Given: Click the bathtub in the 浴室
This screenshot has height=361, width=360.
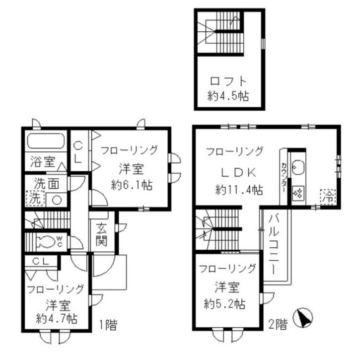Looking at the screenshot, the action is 46,141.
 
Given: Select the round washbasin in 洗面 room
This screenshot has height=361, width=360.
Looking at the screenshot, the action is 57,200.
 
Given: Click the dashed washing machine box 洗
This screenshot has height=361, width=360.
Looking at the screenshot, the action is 35,198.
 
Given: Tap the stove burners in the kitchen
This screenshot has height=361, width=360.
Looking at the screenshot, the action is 298,193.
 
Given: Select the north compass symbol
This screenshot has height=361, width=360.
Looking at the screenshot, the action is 303,318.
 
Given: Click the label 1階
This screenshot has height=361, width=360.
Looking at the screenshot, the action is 108,325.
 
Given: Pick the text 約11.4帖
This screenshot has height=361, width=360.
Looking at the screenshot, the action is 239,190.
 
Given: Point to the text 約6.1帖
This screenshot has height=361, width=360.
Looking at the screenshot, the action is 132,185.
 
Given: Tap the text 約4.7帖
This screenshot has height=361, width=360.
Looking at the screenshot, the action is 57,319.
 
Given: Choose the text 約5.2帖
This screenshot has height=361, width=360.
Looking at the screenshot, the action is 224,304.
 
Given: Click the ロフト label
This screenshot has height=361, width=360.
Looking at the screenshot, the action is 228,81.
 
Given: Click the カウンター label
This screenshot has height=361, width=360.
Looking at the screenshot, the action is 284,177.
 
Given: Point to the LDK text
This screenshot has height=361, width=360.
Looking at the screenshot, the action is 238,173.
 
